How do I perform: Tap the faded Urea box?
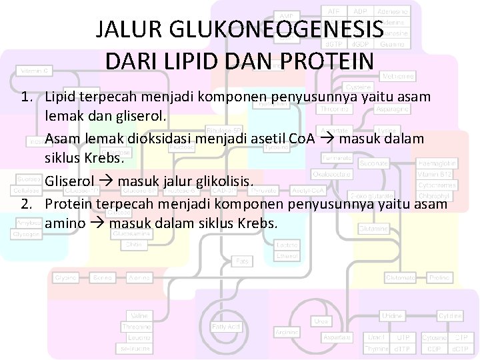pos(321,322)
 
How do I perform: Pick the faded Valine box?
pos(139,315)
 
